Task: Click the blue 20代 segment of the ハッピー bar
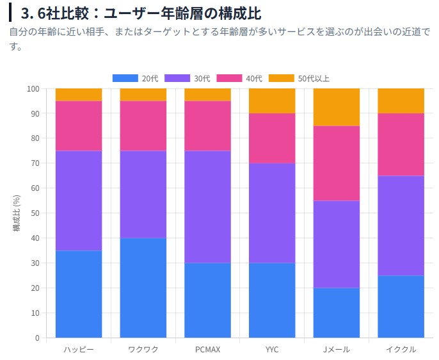(x=78, y=293)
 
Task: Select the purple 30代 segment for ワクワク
(x=143, y=194)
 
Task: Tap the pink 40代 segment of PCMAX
(x=207, y=126)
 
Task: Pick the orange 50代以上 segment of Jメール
(x=336, y=107)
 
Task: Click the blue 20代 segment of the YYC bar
(x=272, y=300)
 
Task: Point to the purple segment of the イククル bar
(x=401, y=225)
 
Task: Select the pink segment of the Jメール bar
(x=336, y=163)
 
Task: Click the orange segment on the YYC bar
(x=272, y=101)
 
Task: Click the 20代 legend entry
(x=135, y=78)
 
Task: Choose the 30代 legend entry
(x=187, y=78)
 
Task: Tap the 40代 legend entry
(x=239, y=78)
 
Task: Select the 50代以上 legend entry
(x=299, y=78)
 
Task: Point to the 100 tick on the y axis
(x=33, y=88)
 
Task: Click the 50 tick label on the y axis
(x=35, y=213)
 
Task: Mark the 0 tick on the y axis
(x=37, y=338)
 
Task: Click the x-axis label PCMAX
(x=207, y=350)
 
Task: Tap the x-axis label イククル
(x=401, y=350)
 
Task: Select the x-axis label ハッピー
(x=78, y=350)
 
